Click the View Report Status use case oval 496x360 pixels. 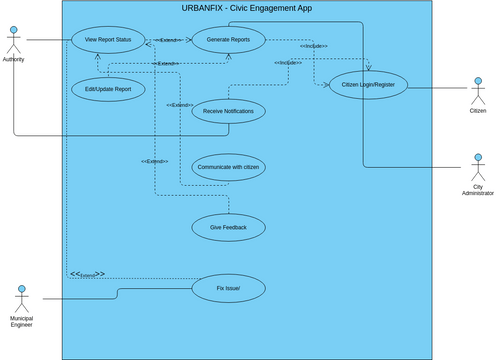click(108, 41)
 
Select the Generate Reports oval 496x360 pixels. click(228, 41)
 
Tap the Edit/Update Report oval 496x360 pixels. click(108, 88)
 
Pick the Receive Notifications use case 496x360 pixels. click(228, 111)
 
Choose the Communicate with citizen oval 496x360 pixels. click(228, 167)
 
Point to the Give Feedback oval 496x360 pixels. click(228, 228)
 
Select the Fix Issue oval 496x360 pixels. click(228, 289)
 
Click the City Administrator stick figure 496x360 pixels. click(478, 166)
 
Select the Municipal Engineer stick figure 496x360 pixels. click(21, 299)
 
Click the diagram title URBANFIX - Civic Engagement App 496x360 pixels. click(247, 8)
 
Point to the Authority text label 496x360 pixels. click(14, 61)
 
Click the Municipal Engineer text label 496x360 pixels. click(21, 322)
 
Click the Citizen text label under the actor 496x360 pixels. click(478, 111)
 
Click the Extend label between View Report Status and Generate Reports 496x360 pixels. click(167, 41)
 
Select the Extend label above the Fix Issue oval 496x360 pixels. click(87, 274)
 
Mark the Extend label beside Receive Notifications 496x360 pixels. click(180, 105)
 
